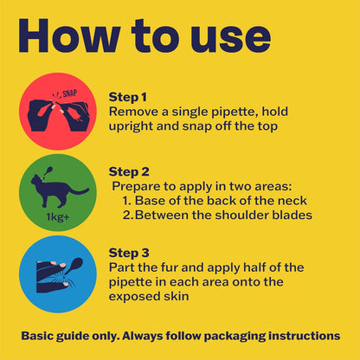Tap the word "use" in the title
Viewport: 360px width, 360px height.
tap(230, 40)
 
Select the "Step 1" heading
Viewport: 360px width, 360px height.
tap(128, 97)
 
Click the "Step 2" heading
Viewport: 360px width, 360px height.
tap(129, 172)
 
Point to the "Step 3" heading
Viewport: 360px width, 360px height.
tap(129, 253)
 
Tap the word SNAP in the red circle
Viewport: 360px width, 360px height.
tap(70, 93)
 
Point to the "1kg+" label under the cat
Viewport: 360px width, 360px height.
tap(58, 216)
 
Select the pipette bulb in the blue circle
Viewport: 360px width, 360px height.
tap(76, 264)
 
